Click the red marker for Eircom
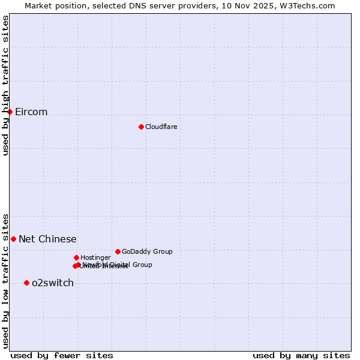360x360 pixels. click(x=10, y=112)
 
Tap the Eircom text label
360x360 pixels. click(x=31, y=112)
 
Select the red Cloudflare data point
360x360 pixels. click(x=141, y=127)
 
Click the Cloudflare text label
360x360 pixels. click(x=161, y=127)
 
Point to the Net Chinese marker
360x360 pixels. click(x=13, y=239)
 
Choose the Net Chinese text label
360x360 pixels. click(x=47, y=239)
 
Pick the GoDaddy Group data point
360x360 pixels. click(x=118, y=251)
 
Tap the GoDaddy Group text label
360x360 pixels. click(x=147, y=252)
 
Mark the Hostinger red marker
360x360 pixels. click(x=76, y=257)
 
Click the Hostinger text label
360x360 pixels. click(x=95, y=258)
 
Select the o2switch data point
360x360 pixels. click(x=26, y=283)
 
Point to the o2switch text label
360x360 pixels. click(x=53, y=283)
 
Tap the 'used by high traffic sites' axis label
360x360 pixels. click(x=5, y=85)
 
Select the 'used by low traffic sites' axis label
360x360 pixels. click(x=5, y=280)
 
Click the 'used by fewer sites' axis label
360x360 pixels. click(x=62, y=356)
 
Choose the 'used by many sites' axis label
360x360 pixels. click(x=301, y=356)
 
